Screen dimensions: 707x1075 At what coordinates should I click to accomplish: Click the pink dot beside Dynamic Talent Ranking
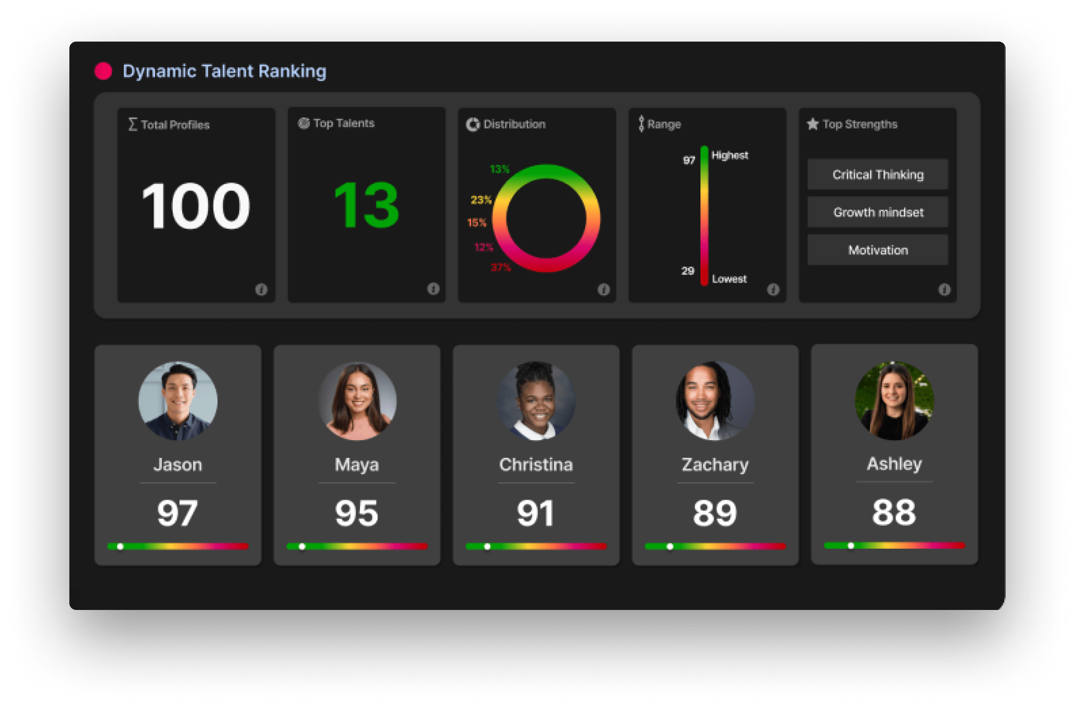[103, 71]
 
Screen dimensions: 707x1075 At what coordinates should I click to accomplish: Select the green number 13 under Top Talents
[366, 206]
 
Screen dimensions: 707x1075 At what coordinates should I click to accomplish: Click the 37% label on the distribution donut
[500, 267]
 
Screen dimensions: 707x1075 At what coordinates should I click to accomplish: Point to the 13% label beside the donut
[500, 169]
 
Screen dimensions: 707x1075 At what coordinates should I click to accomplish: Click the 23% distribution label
[481, 200]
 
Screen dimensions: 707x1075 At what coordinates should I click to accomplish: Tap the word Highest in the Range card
[730, 155]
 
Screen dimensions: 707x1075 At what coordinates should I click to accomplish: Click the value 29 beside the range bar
[687, 271]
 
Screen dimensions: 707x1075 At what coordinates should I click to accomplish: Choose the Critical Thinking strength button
[878, 174]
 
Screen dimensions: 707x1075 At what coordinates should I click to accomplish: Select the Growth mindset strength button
[878, 212]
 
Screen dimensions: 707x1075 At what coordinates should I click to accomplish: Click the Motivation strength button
[878, 250]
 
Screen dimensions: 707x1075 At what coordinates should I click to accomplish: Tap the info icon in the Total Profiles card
[261, 289]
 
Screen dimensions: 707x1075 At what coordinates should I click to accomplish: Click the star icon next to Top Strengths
[812, 124]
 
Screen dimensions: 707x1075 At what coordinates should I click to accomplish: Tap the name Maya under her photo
[357, 464]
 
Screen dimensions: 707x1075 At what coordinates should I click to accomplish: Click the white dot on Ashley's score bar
[851, 546]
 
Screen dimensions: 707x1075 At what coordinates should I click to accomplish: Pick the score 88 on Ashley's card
[894, 513]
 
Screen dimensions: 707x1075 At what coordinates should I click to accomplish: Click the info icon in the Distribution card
[603, 289]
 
